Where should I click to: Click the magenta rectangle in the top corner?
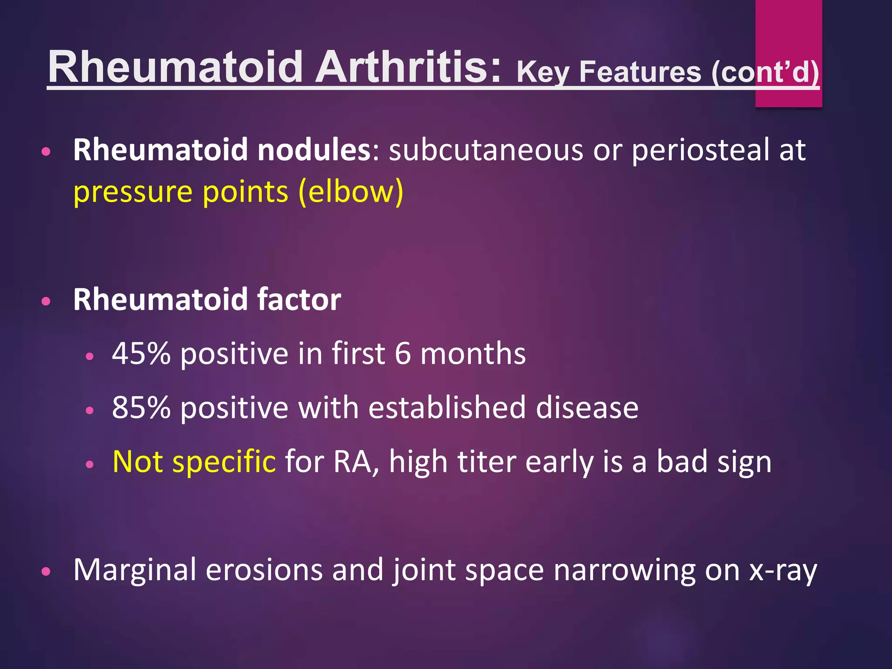tap(788, 26)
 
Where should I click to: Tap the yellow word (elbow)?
tap(351, 192)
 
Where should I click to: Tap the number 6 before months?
tap(402, 353)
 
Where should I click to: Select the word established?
tap(447, 408)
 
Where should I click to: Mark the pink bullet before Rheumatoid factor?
tap(46, 301)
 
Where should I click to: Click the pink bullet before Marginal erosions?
tap(46, 571)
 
